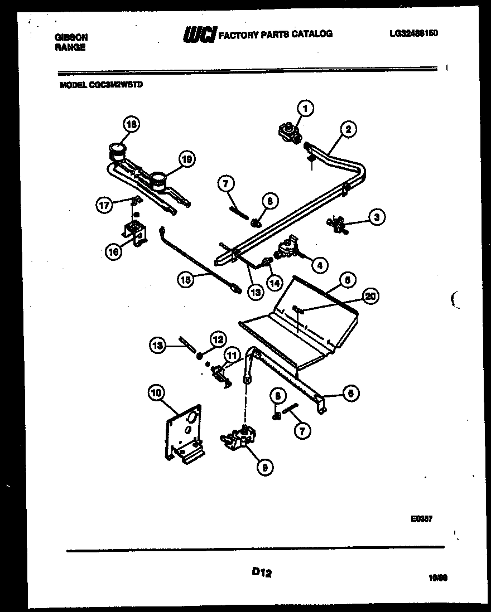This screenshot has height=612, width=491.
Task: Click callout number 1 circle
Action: (x=305, y=108)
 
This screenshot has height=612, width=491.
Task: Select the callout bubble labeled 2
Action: (x=348, y=130)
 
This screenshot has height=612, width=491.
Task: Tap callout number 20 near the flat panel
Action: (x=368, y=297)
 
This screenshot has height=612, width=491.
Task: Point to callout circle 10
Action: (x=157, y=394)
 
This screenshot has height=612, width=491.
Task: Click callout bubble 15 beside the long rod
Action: (x=186, y=282)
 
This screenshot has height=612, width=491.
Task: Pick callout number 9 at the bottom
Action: (x=264, y=468)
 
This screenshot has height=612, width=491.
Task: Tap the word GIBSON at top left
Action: (x=71, y=37)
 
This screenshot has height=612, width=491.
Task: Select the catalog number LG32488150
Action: (x=413, y=33)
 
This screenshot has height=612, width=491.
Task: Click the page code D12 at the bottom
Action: (x=261, y=571)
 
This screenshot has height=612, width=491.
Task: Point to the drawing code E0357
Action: (x=422, y=518)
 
